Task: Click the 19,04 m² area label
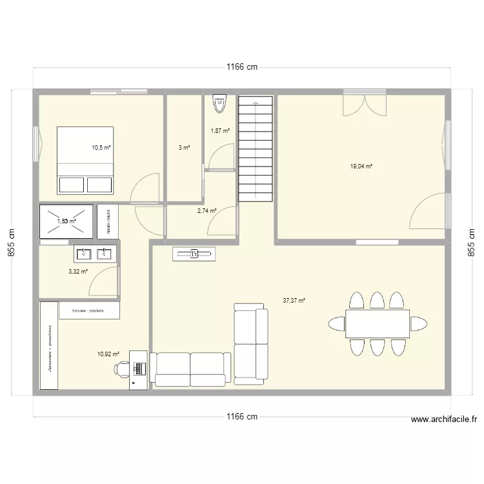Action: click(x=361, y=166)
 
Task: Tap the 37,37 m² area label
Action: click(x=294, y=300)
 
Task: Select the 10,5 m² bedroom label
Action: click(x=101, y=147)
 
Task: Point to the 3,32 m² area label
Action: click(x=77, y=272)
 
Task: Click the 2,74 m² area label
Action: click(x=207, y=210)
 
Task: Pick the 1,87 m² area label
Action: click(x=220, y=131)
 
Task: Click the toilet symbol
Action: click(x=220, y=101)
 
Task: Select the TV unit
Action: click(x=194, y=255)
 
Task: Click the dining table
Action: click(x=378, y=323)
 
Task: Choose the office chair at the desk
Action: click(x=122, y=368)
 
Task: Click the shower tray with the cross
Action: click(x=66, y=221)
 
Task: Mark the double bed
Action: click(x=86, y=160)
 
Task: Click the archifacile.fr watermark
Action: click(x=444, y=419)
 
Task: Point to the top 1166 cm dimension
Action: click(x=241, y=67)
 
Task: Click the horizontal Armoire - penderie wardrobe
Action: click(x=90, y=311)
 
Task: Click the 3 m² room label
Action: click(x=184, y=148)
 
